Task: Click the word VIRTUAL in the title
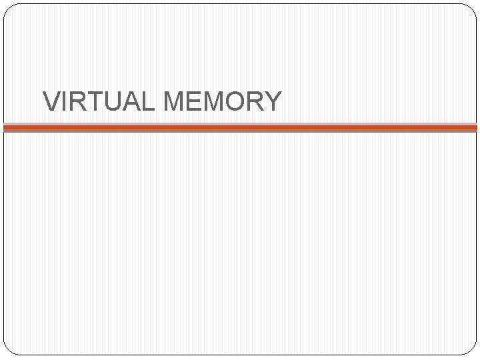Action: tap(99, 101)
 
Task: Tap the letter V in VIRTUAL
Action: tap(51, 101)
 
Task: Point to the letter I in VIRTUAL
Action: tap(64, 101)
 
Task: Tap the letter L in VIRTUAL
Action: tap(145, 101)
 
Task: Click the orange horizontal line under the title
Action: tap(240, 126)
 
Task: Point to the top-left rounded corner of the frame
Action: tap(9, 9)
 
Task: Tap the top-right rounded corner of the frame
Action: tap(471, 9)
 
